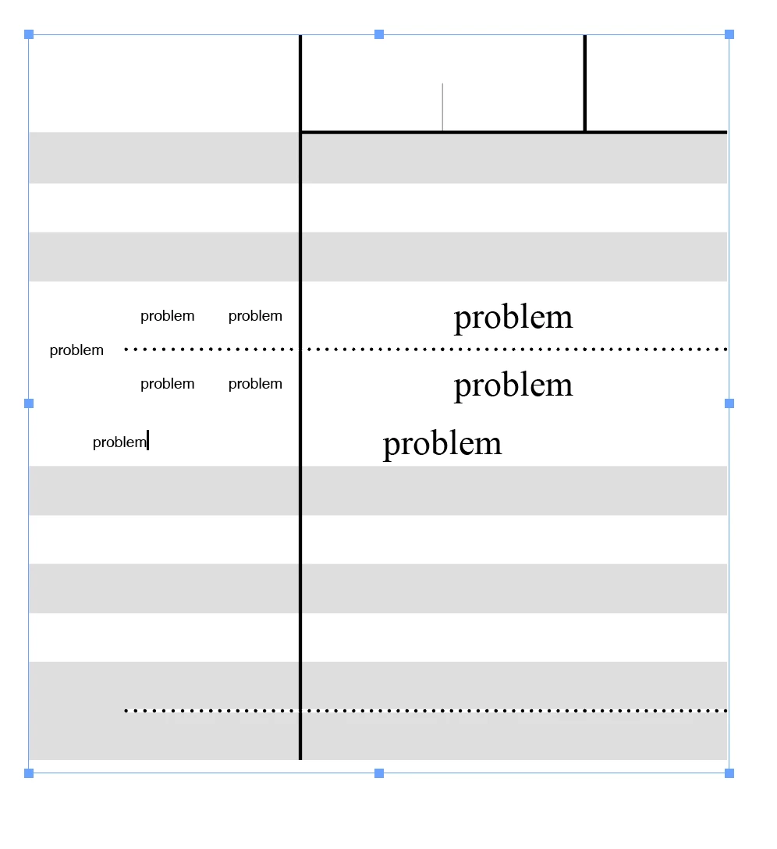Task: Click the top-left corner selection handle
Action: pos(29,34)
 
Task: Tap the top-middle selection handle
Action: pos(379,34)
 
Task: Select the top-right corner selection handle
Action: pos(729,34)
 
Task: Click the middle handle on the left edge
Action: pos(29,403)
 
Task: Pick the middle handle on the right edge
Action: pos(729,403)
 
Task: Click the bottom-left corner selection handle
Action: pos(29,773)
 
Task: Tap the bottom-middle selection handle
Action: pos(379,773)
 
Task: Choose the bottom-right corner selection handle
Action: pos(729,773)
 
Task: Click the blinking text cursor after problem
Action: pos(147,440)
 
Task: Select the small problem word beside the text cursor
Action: pos(119,443)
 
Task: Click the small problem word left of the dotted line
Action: pos(76,351)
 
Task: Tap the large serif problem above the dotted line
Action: pos(513,318)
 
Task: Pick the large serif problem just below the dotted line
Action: pos(513,386)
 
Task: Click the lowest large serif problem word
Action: pos(442,445)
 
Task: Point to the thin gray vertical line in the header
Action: pos(442,107)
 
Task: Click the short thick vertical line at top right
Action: pos(585,83)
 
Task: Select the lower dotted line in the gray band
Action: pos(426,710)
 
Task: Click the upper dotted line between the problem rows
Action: pos(426,350)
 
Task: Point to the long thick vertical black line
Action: pos(300,397)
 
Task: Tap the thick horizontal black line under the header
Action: pos(514,132)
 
